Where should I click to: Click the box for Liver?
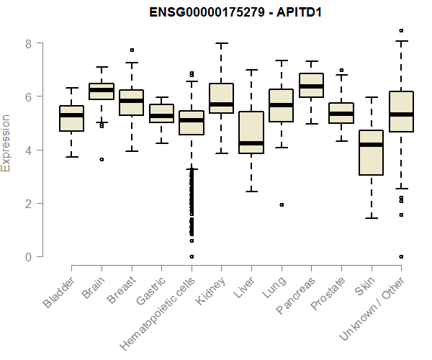point(251,132)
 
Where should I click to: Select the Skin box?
point(371,153)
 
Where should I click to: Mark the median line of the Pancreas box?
point(311,86)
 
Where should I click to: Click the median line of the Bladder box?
point(71,115)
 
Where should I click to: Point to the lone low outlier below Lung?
point(282,204)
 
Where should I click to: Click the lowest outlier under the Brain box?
point(102,159)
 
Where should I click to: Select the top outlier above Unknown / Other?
point(401,31)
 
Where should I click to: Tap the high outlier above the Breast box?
point(132,50)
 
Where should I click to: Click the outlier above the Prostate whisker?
point(341,71)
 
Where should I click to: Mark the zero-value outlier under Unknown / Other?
point(401,256)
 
